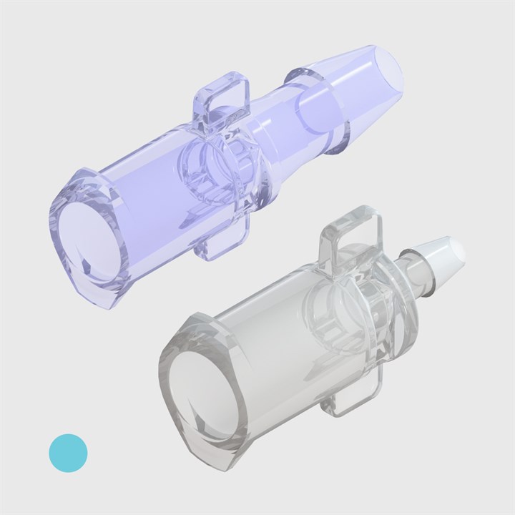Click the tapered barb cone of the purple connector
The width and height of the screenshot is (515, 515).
coord(350,93)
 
